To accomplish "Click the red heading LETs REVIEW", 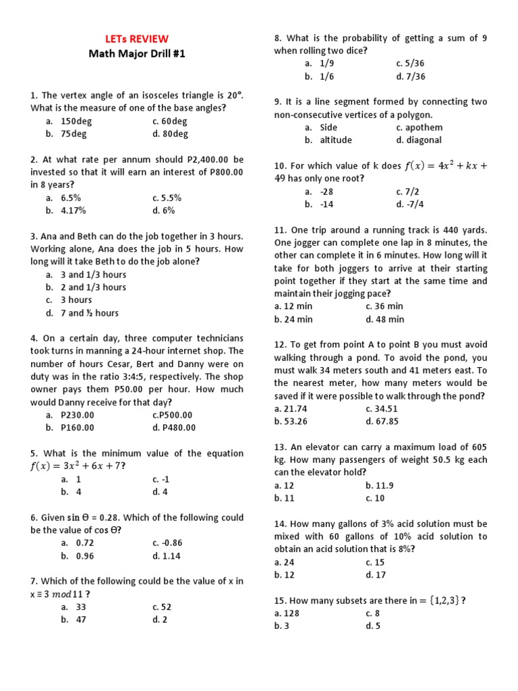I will click(136, 39).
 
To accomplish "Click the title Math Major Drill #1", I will click(136, 55).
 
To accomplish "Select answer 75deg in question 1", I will click(74, 134).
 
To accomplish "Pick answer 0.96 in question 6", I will click(75, 556).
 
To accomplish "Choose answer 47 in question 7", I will click(81, 619).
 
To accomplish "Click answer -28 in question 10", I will click(327, 192).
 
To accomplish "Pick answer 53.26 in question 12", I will click(291, 421).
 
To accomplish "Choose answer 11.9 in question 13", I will click(379, 485).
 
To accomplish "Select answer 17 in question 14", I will click(375, 575).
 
